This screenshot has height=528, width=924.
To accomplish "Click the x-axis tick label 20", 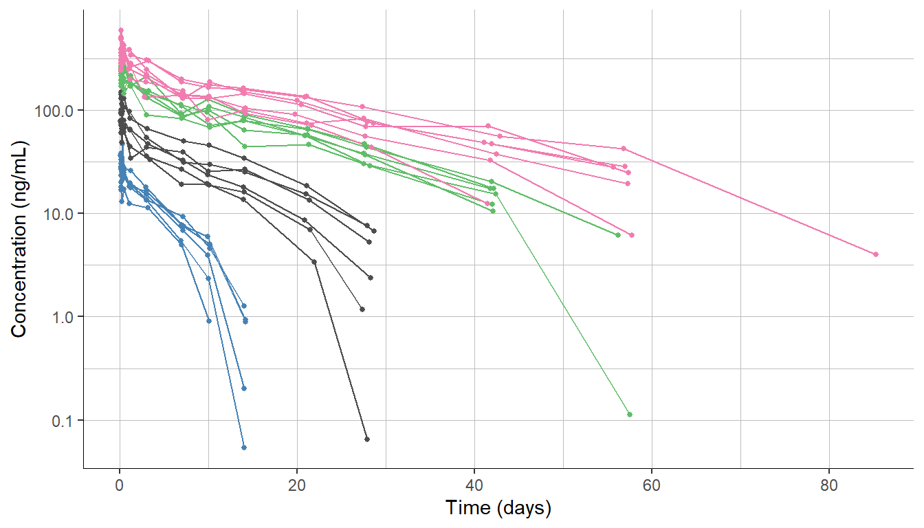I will tap(297, 484).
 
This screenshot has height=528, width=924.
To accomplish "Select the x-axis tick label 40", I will tap(474, 484).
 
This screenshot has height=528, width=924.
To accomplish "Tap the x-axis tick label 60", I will tap(652, 484).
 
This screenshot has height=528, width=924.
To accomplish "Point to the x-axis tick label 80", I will tap(829, 484).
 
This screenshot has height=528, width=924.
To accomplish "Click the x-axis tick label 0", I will tap(120, 484).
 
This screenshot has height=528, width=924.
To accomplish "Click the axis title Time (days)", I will tap(498, 509).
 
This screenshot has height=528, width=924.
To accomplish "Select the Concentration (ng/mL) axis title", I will tap(19, 239).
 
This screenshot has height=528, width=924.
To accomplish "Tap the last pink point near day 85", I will tap(876, 254).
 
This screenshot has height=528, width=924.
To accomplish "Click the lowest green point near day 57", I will tap(629, 415).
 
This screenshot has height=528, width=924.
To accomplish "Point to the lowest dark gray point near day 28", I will tap(367, 439).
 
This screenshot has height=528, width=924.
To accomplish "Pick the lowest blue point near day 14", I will tap(244, 448).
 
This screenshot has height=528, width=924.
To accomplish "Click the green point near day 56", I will tap(617, 235).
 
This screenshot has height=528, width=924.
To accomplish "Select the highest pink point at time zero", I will tap(121, 30).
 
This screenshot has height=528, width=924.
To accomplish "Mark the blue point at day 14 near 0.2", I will tap(244, 388).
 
